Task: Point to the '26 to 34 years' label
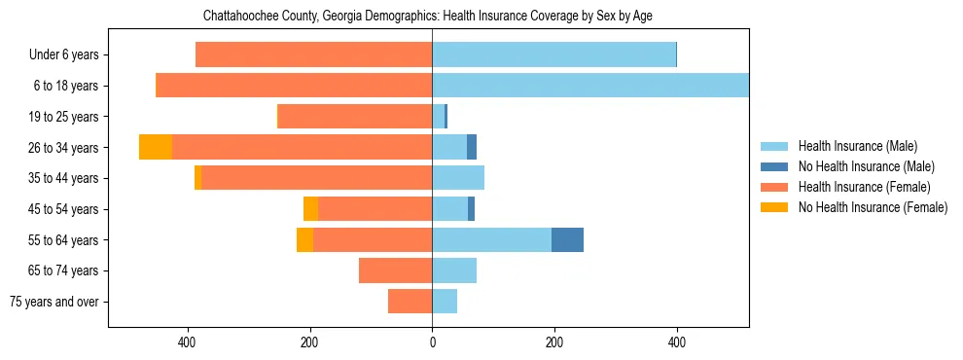coord(62,148)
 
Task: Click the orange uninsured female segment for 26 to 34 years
coord(156,147)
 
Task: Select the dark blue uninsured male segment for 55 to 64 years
coord(567,239)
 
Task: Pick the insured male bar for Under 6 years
coord(553,54)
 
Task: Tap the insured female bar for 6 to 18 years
coord(295,86)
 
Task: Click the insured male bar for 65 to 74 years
coord(454,270)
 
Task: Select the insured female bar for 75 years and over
coord(410,302)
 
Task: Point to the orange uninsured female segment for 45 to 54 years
coord(310,209)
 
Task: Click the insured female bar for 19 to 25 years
coord(355,117)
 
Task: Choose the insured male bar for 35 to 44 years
coord(458,178)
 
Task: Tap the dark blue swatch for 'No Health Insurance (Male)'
coord(775,166)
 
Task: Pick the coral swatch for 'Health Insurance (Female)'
coord(775,187)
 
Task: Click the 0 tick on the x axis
coord(432,342)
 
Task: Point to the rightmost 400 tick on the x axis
coord(677,342)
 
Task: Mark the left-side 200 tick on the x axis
coord(309,342)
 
